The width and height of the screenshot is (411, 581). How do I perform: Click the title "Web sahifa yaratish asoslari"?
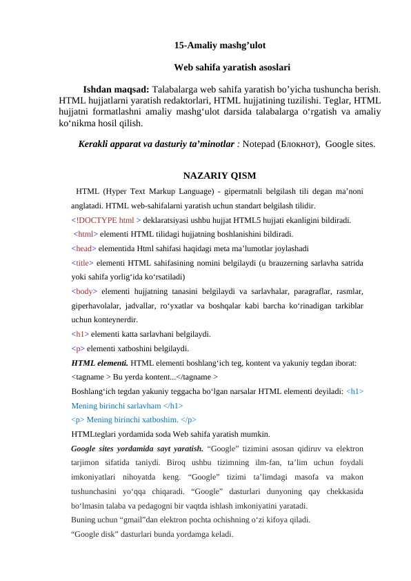click(232, 68)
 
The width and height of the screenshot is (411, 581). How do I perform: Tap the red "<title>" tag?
click(83, 262)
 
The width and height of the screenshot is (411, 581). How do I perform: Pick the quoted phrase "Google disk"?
click(94, 533)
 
